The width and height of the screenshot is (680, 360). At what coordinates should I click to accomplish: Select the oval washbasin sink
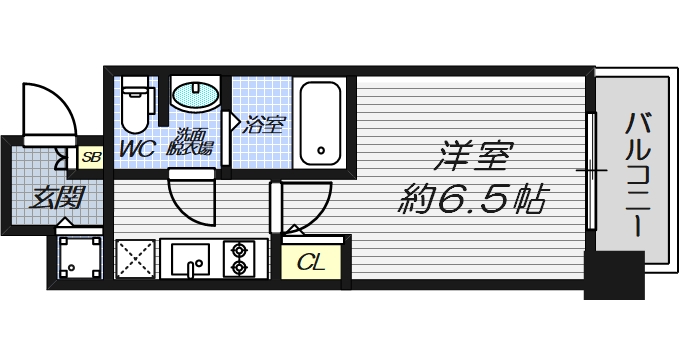pyautogui.click(x=194, y=96)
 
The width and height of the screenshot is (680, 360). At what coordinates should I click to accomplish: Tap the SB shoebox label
pyautogui.click(x=90, y=157)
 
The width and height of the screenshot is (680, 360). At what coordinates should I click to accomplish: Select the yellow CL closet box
pyautogui.click(x=312, y=263)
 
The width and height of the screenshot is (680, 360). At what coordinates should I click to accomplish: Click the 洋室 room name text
pyautogui.click(x=475, y=157)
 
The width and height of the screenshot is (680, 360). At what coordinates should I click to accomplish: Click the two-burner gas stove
pyautogui.click(x=240, y=258)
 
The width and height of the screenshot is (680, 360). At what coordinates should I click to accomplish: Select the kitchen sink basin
pyautogui.click(x=190, y=259)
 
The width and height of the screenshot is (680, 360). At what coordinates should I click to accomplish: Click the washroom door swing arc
pyautogui.click(x=190, y=196)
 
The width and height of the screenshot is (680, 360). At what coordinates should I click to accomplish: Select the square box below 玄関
pyautogui.click(x=79, y=258)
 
